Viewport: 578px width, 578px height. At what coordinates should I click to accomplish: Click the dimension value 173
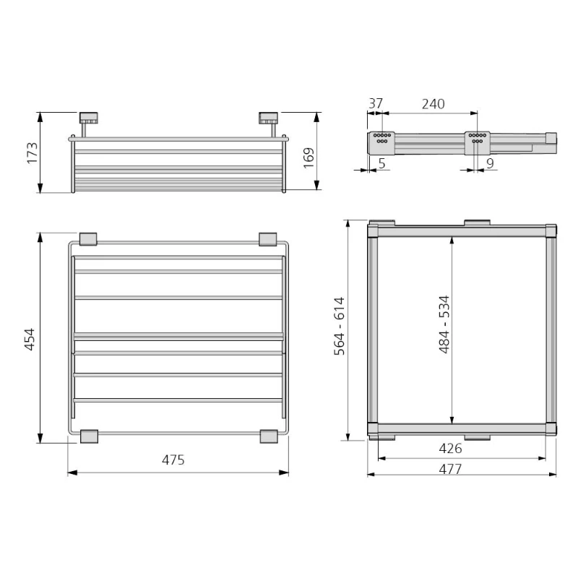pos(33,152)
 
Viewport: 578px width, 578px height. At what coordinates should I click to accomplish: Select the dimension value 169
pos(308,157)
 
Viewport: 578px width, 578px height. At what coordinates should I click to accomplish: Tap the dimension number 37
pos(375,103)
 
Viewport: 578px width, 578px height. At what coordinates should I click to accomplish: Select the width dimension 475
pos(173,460)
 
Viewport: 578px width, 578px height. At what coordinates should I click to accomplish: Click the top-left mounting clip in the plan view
pos(88,238)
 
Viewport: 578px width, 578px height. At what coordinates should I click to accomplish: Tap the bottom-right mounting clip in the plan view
pos(267,436)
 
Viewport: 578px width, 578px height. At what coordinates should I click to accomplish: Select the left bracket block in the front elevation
pos(88,117)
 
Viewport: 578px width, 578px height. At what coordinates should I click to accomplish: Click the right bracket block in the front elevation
pos(267,117)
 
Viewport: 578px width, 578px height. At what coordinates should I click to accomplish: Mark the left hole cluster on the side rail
pos(381,138)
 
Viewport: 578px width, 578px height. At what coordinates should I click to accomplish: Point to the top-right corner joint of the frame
pos(550,231)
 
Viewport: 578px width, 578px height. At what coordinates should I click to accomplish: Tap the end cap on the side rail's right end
pos(551,137)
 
